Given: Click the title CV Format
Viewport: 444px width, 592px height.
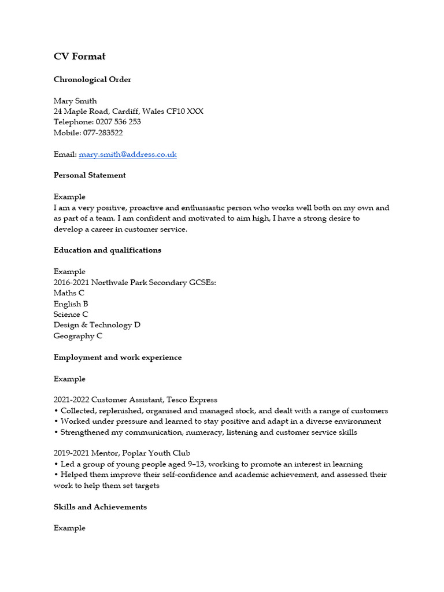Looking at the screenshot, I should tap(79, 57).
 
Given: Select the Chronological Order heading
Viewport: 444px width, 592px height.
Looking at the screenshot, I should tap(92, 80).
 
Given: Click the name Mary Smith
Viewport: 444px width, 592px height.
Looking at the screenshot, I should tap(75, 101).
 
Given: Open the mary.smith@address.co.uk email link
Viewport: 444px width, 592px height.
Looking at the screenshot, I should tap(128, 154).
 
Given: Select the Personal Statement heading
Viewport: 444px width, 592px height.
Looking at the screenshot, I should tap(90, 175).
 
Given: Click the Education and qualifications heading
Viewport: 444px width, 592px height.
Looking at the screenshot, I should tap(108, 250).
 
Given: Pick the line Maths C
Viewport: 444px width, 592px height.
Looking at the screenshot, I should tap(69, 293).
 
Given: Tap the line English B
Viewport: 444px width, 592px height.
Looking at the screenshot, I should tap(71, 304).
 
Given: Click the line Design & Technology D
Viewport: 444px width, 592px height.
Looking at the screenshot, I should tap(97, 325).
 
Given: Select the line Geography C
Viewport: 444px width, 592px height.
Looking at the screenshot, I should tap(78, 336).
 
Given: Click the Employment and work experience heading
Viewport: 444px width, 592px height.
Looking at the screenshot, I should tap(117, 357).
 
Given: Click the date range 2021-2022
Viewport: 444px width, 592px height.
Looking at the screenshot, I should tap(71, 400).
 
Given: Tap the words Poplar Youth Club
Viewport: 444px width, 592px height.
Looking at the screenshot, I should tap(156, 453).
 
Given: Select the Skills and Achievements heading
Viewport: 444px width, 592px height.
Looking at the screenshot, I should tap(100, 507).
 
